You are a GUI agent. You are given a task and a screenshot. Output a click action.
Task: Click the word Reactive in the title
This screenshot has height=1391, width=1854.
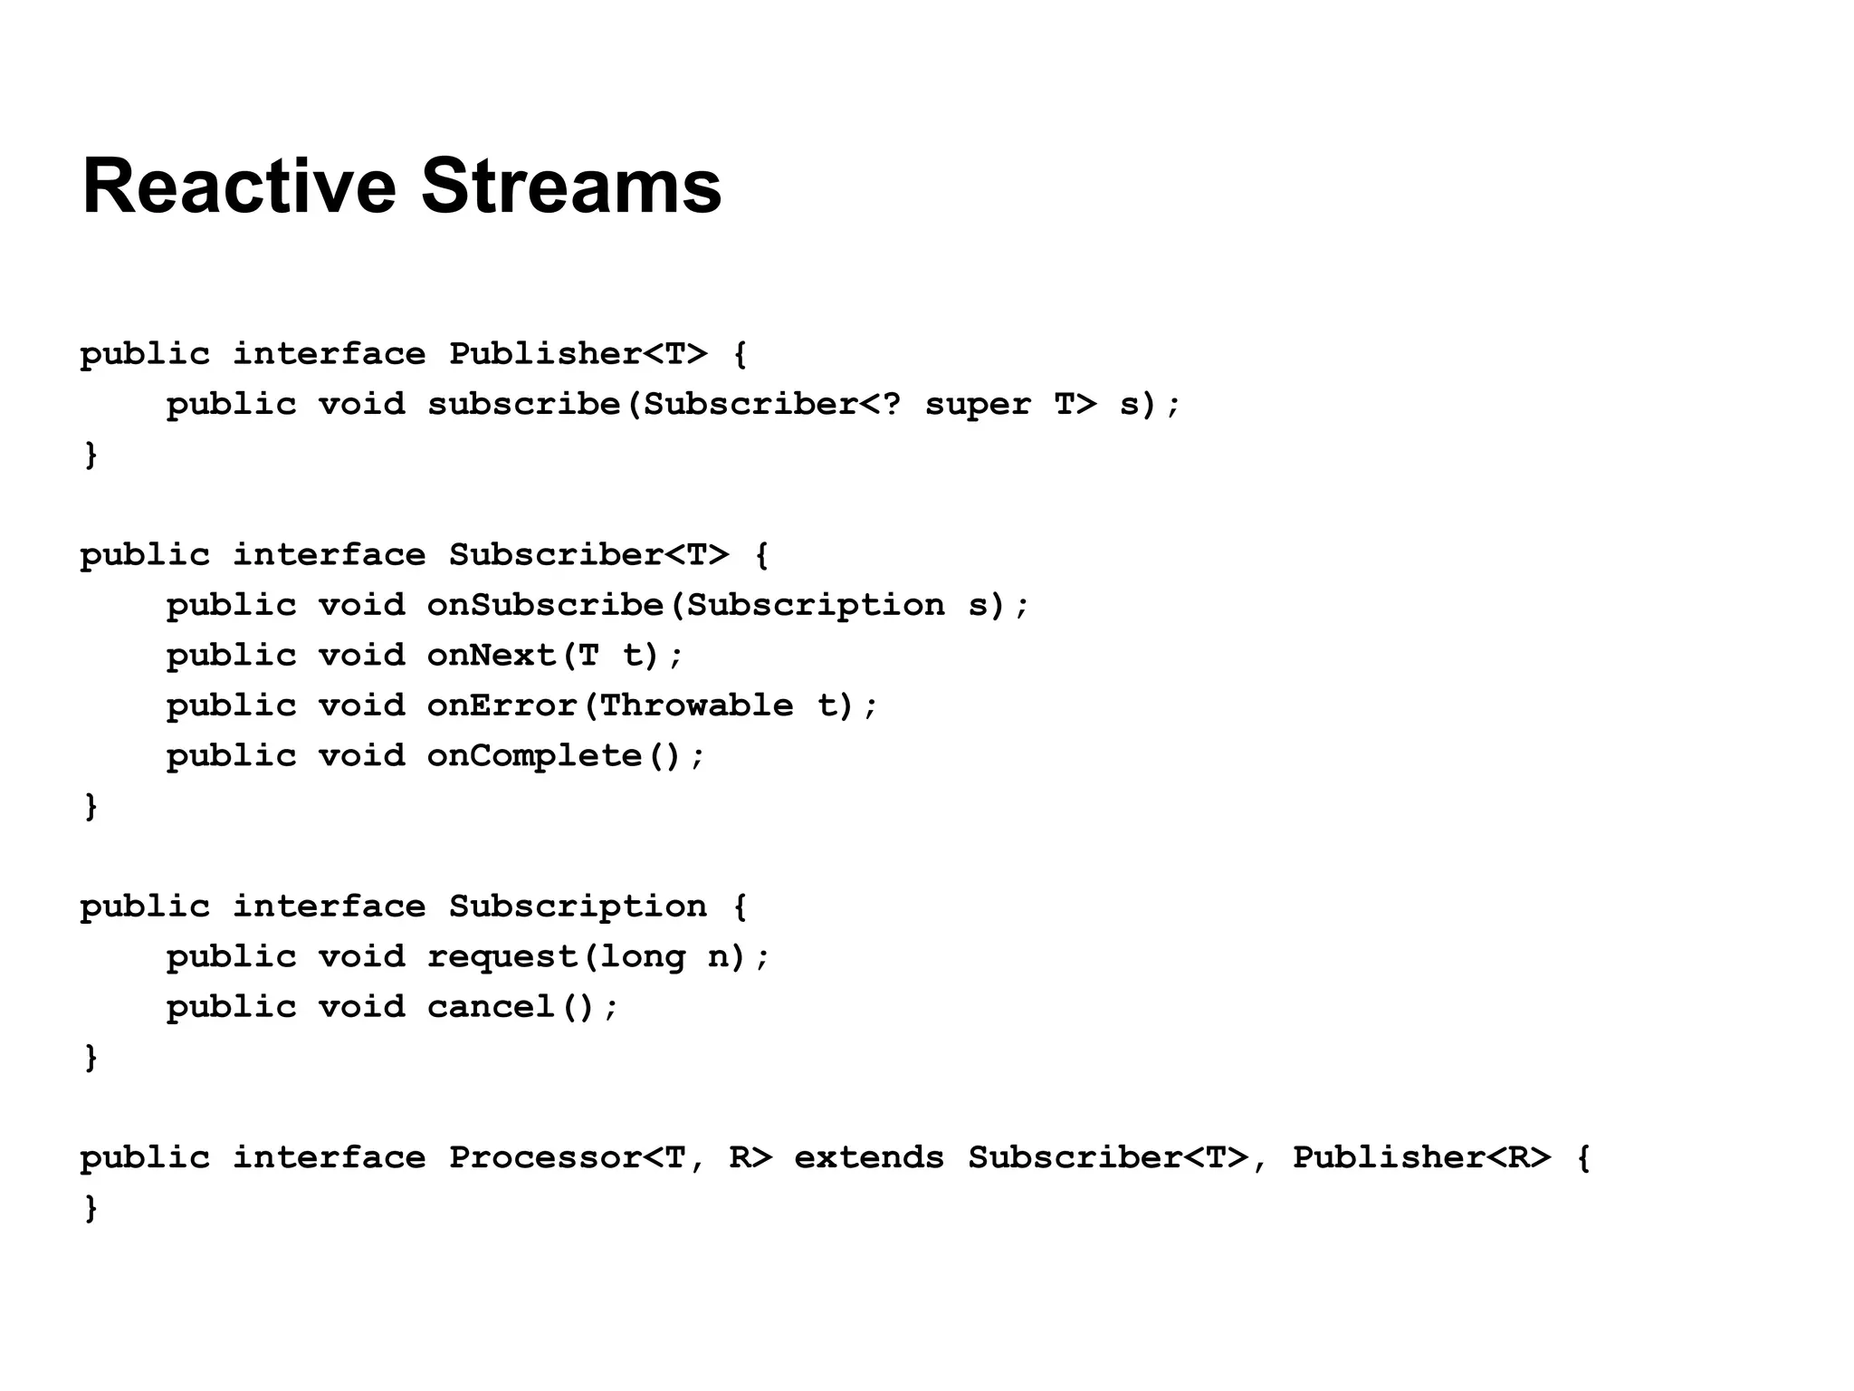[x=239, y=187]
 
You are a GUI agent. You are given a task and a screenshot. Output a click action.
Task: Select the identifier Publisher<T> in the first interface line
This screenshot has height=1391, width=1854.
[x=578, y=353]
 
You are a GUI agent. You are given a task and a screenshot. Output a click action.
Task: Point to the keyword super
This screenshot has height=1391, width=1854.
[x=977, y=404]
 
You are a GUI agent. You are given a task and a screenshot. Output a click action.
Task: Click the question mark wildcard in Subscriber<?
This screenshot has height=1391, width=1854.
[x=891, y=404]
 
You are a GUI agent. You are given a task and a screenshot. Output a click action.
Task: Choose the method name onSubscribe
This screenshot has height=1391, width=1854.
[x=545, y=605]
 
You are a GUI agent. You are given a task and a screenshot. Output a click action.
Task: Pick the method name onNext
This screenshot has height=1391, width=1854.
[x=492, y=655]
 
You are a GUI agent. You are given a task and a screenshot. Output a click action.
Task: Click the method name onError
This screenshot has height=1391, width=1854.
[x=502, y=705]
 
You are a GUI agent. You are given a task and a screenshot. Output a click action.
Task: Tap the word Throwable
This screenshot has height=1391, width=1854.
[x=695, y=705]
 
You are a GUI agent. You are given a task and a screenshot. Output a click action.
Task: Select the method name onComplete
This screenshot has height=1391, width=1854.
[x=534, y=756]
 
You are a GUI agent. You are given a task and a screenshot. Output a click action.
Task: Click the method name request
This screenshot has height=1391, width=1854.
[x=502, y=957]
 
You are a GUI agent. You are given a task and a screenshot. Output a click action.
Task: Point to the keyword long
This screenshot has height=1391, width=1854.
[x=642, y=957]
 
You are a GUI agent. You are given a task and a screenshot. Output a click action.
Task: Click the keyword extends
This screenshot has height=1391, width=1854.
[x=868, y=1158]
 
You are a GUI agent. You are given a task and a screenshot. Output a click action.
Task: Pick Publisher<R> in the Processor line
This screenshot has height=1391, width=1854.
[x=1420, y=1158]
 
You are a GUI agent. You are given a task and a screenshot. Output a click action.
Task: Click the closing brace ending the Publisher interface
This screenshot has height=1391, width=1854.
[x=91, y=455]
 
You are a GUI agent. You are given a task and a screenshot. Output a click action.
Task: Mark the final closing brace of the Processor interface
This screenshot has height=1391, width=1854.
[x=91, y=1208]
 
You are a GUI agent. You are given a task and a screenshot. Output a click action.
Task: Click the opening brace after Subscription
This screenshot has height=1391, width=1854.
[x=740, y=907]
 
